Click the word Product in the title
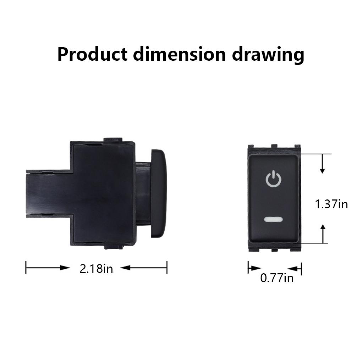point(92,55)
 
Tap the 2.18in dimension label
point(96,268)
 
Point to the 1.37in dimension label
point(331,204)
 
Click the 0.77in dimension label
point(277,278)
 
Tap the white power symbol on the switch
point(273,179)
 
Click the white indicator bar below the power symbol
point(273,219)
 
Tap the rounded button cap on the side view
point(159,193)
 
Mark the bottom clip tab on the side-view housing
point(113,246)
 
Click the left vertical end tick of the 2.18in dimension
point(26,268)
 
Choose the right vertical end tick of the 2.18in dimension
point(167,268)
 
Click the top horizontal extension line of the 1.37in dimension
point(316,154)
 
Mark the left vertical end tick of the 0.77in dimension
point(248,268)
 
